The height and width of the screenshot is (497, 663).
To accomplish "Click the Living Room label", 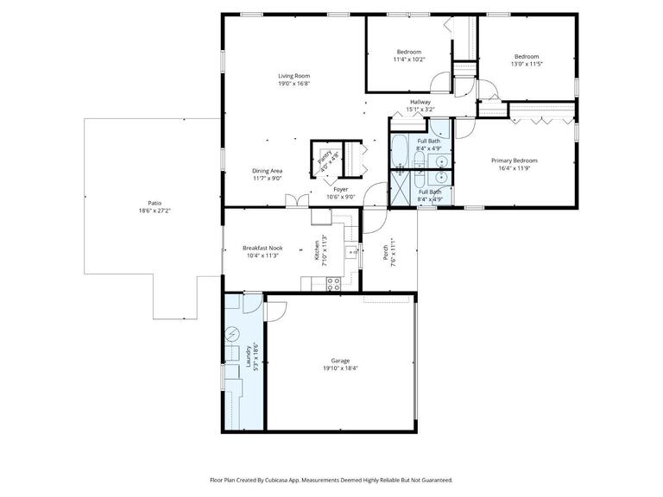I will click(294, 74).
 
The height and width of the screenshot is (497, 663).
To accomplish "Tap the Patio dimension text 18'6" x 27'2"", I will click(155, 211).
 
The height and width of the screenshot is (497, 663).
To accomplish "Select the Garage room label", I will click(340, 361).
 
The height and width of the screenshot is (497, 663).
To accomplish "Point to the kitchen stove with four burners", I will click(333, 283).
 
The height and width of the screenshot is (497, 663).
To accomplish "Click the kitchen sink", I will click(352, 252).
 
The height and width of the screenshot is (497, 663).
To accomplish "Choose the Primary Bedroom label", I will click(514, 160).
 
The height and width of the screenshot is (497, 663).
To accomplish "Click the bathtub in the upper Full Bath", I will click(401, 151).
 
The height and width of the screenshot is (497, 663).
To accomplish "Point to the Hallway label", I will click(420, 102).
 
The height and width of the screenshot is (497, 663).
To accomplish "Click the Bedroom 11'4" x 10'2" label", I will click(408, 52).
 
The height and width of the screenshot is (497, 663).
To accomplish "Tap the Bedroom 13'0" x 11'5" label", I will click(526, 56).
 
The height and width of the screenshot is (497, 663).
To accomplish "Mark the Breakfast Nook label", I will click(262, 248).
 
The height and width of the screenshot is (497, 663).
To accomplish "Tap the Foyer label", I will click(341, 189).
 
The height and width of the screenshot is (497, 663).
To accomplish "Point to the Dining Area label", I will click(267, 171).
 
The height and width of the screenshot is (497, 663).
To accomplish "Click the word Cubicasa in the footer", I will click(295, 480).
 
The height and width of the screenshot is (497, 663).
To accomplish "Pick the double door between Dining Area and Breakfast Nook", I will click(295, 203).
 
